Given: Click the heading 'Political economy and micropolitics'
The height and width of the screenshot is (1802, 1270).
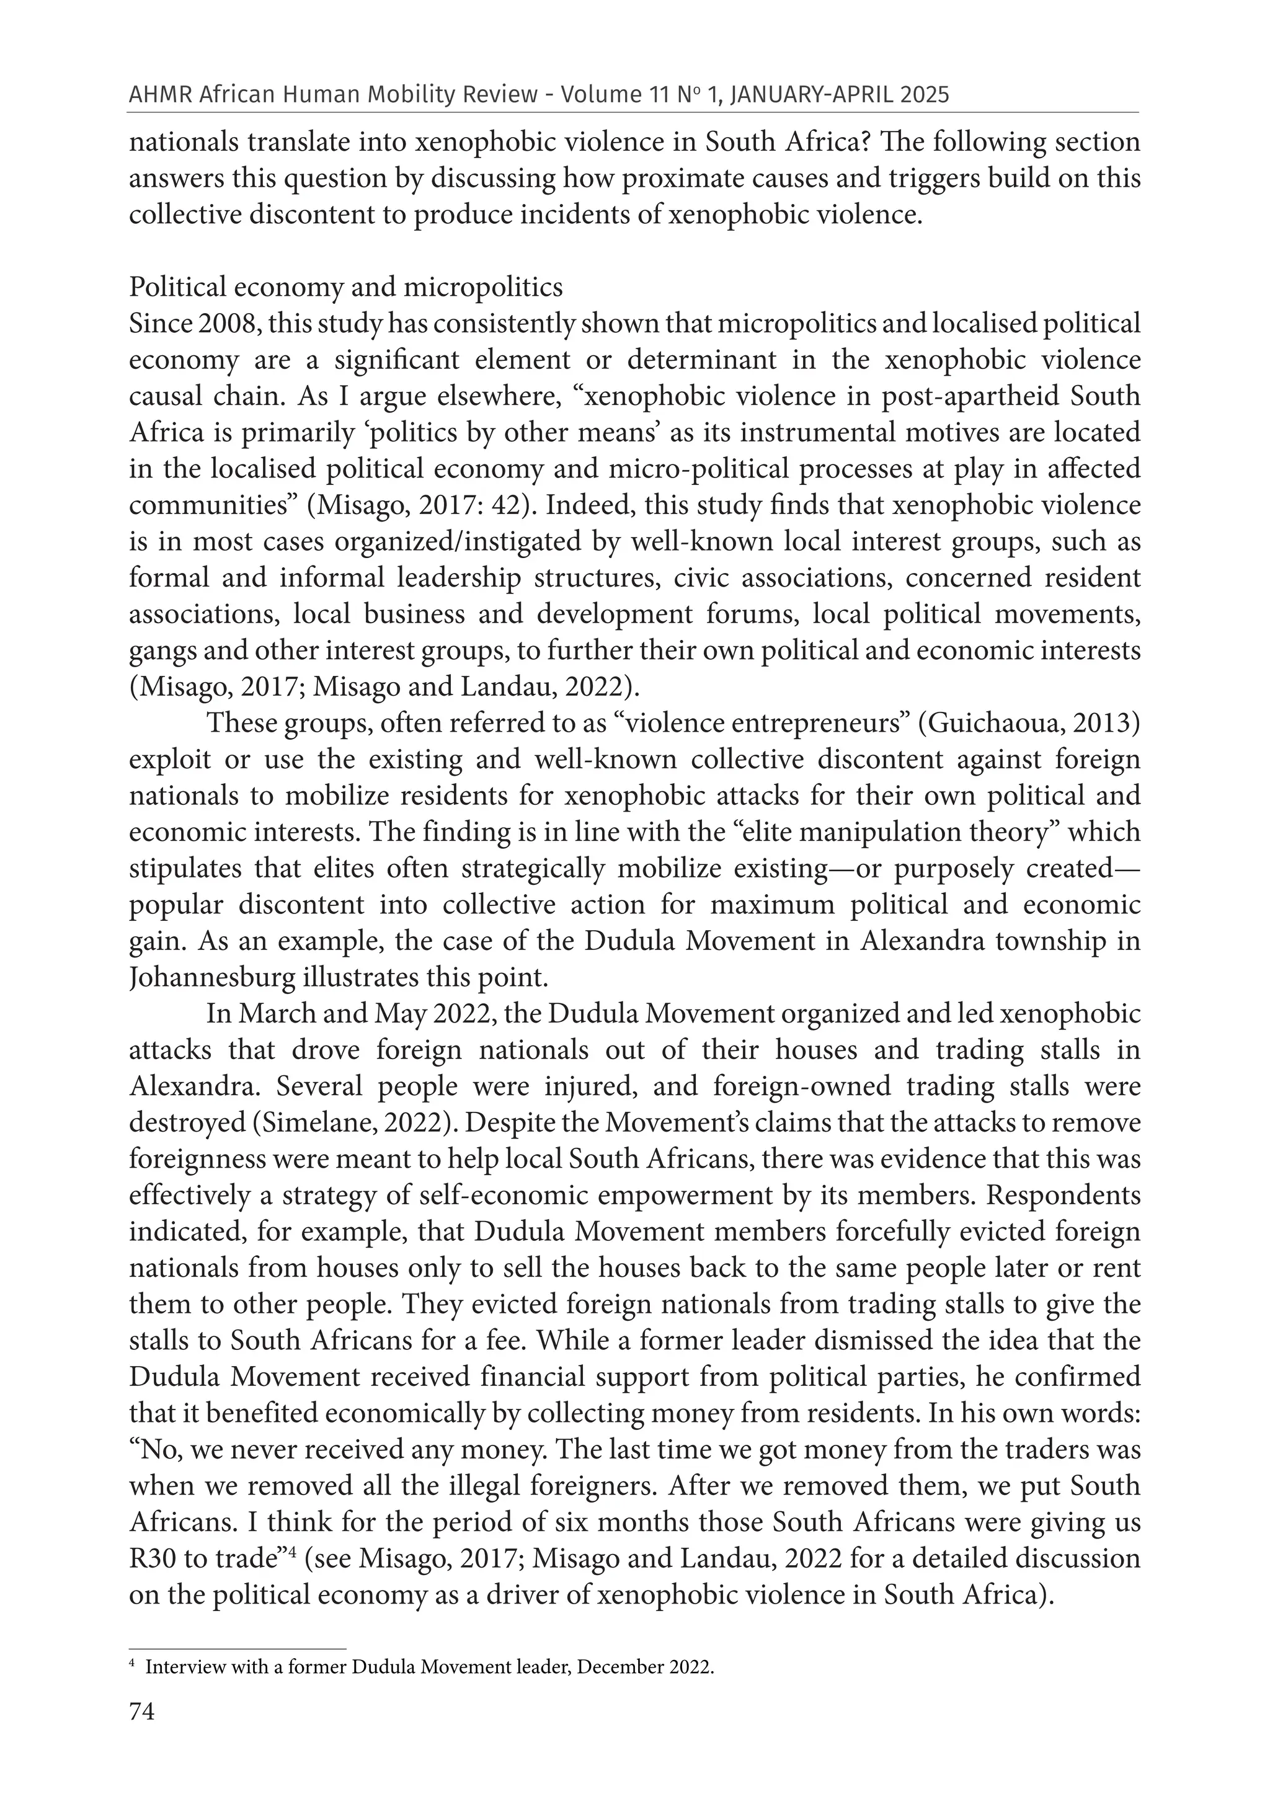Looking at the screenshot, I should (x=345, y=287).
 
